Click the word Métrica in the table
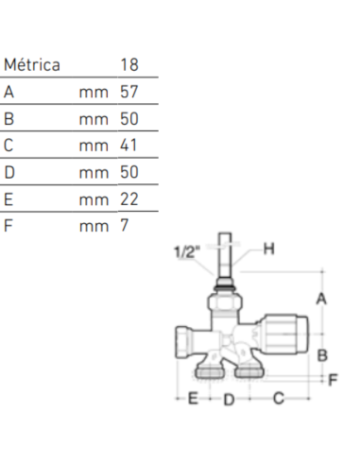pyautogui.click(x=32, y=65)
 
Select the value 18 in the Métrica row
pyautogui.click(x=129, y=65)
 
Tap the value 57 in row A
pyautogui.click(x=129, y=93)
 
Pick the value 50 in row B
pyautogui.click(x=129, y=119)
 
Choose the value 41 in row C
pyautogui.click(x=129, y=146)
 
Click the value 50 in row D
pyautogui.click(x=129, y=172)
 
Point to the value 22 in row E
pyautogui.click(x=129, y=198)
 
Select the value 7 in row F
pyautogui.click(x=125, y=225)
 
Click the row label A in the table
pyautogui.click(x=9, y=93)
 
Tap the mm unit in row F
pyautogui.click(x=93, y=225)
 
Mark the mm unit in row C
pyautogui.click(x=93, y=146)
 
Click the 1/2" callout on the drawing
pyautogui.click(x=187, y=251)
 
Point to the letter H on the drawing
pyautogui.click(x=267, y=249)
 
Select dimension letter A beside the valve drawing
pyautogui.click(x=321, y=298)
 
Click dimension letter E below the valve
pyautogui.click(x=192, y=399)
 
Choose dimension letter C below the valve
pyautogui.click(x=278, y=399)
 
